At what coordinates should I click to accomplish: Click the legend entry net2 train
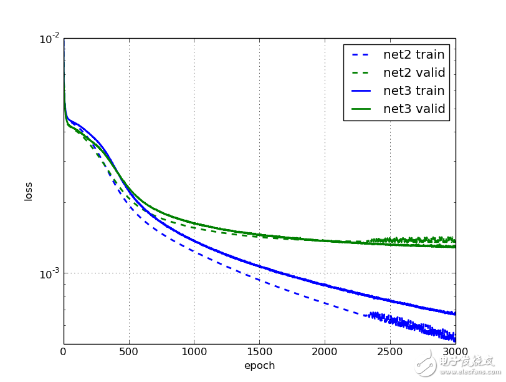414,54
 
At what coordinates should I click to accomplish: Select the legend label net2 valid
414,73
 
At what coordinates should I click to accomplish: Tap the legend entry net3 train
414,91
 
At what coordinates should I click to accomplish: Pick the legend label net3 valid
414,109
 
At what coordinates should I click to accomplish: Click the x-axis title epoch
259,365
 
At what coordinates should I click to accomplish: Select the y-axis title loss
29,191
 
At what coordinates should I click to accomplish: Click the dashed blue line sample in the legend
362,55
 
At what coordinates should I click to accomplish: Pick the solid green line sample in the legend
362,109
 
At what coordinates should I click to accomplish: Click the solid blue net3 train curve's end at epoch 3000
454,313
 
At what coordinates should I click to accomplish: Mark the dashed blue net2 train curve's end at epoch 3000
454,339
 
